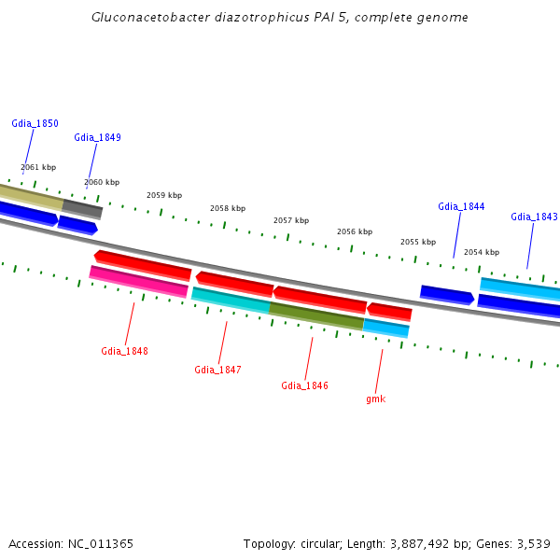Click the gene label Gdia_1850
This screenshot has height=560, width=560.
35,123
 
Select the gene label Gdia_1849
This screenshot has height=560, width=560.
97,137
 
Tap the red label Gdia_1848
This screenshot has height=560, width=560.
124,351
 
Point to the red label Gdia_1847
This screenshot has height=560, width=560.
217,370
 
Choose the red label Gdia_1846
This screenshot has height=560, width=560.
304,385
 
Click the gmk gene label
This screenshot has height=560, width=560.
375,399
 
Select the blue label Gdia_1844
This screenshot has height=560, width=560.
461,206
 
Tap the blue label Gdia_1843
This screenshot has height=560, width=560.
534,217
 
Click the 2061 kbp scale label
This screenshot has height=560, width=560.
38,167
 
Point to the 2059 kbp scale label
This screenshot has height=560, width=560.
164,195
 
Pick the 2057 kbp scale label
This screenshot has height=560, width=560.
290,220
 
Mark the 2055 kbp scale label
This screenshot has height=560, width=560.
418,242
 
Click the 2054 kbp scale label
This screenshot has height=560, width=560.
482,252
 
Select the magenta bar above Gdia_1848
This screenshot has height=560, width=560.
139,281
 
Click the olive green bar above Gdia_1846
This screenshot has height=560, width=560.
316,315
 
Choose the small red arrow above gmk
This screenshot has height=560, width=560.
389,311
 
